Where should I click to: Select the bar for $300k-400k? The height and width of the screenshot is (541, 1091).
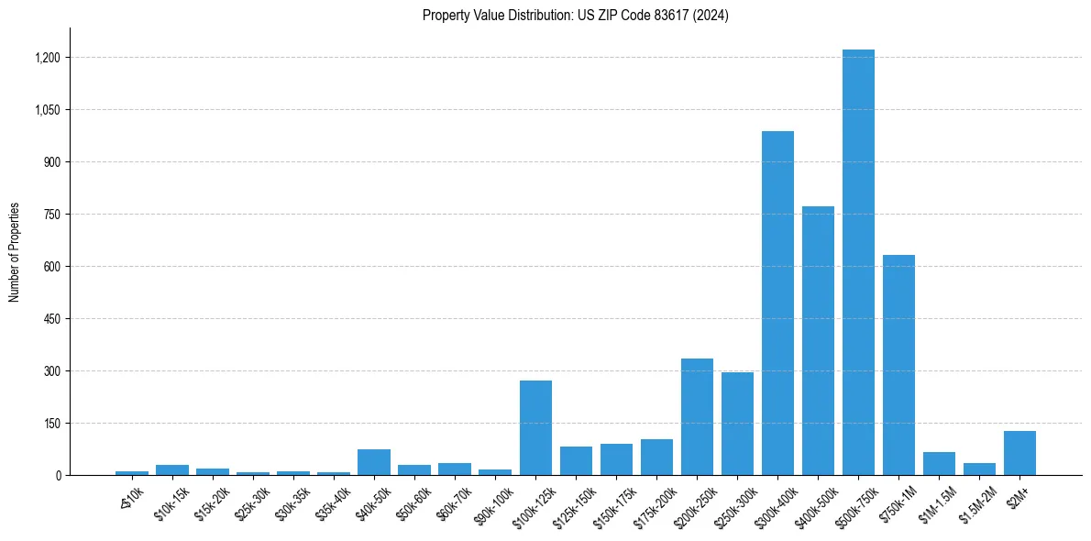click(777, 304)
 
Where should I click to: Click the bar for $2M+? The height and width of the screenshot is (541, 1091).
click(1019, 453)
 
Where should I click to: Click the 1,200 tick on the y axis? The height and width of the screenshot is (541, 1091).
click(48, 58)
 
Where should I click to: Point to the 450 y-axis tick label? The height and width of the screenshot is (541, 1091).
click(53, 319)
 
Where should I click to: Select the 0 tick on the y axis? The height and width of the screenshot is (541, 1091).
click(58, 476)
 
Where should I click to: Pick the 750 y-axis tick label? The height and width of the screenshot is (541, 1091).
click(53, 215)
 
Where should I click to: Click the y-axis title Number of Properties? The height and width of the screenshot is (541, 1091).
click(15, 252)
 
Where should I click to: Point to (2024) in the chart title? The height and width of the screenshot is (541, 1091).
click(712, 16)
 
